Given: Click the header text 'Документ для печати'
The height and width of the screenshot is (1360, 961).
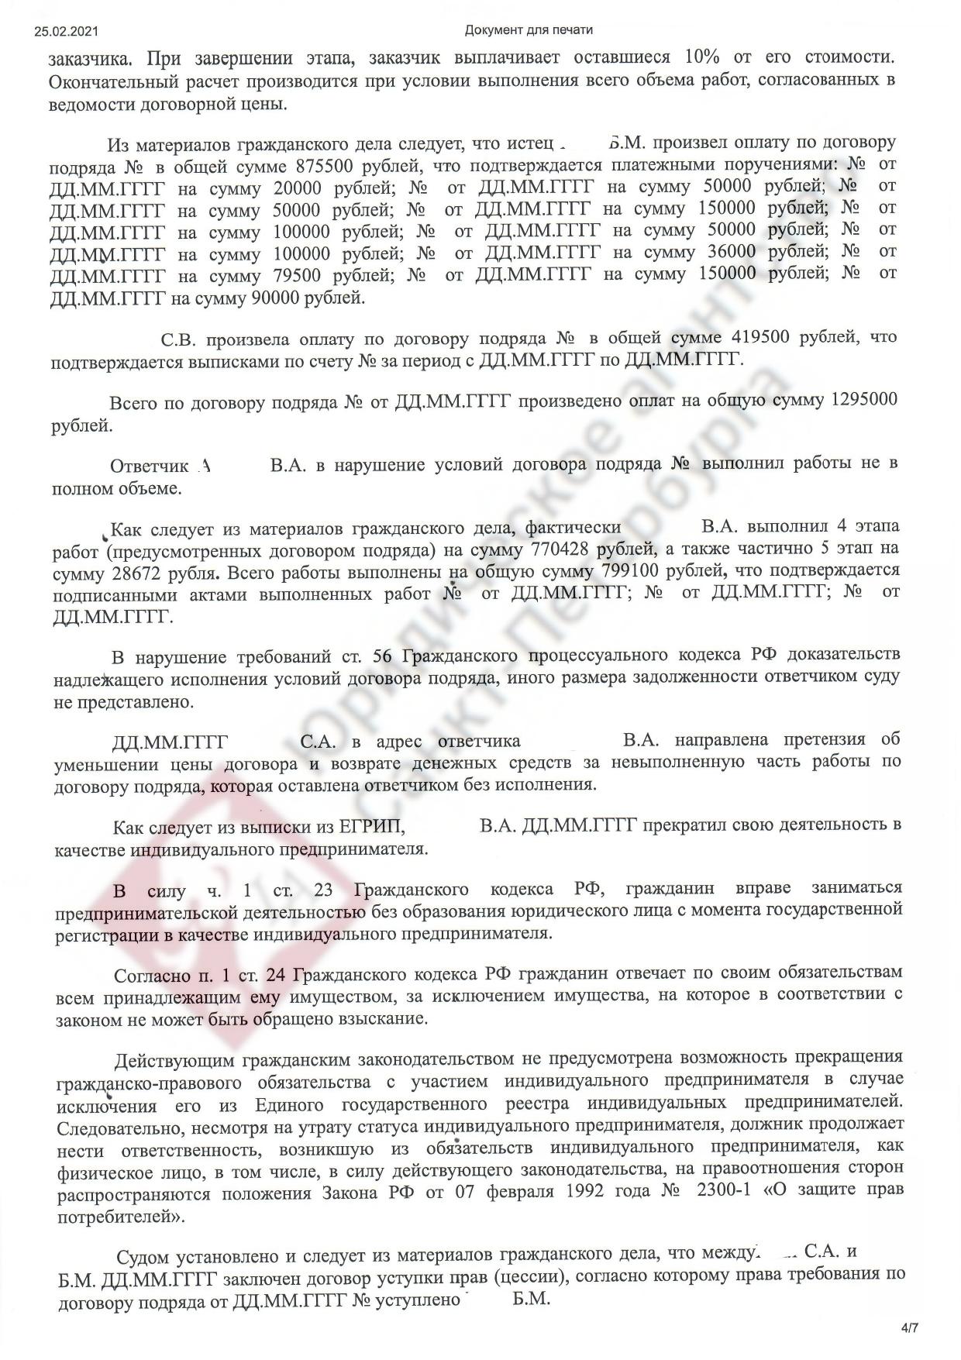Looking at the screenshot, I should tap(529, 30).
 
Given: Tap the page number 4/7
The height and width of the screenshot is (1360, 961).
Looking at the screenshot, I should tap(909, 1328).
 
